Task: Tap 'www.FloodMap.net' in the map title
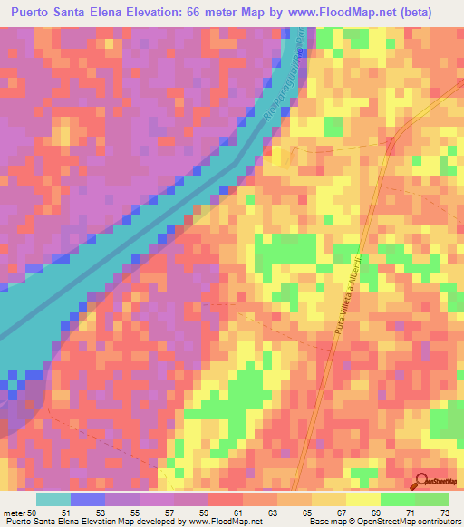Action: pyautogui.click(x=371, y=12)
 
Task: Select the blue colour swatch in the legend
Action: pyautogui.click(x=87, y=499)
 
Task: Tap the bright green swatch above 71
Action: pyautogui.click(x=397, y=499)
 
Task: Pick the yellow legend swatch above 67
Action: pyautogui.click(x=329, y=499)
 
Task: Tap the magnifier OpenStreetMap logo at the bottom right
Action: pyautogui.click(x=433, y=484)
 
